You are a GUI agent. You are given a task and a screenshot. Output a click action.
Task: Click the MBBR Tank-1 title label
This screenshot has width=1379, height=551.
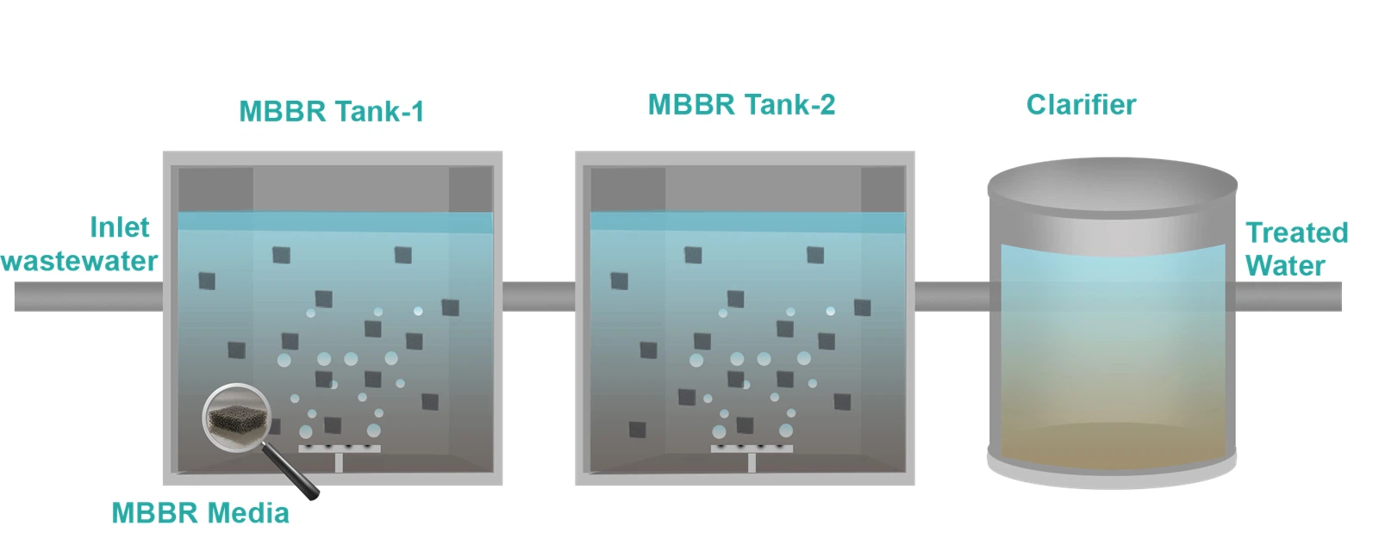(x=331, y=112)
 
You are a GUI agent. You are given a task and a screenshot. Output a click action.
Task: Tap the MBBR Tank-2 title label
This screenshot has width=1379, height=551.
(x=741, y=105)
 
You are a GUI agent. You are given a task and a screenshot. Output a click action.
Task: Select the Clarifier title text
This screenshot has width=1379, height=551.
(x=1081, y=105)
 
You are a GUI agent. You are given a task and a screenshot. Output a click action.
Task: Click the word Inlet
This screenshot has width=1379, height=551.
(x=119, y=227)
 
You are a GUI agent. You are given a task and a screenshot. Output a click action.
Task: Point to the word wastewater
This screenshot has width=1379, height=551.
(x=79, y=261)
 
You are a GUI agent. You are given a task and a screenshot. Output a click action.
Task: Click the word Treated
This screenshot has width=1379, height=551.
(x=1296, y=232)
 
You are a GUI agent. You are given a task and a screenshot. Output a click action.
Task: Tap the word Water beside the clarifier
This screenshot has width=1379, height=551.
(x=1284, y=265)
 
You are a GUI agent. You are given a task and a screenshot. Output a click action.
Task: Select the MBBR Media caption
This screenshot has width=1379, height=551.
(x=200, y=513)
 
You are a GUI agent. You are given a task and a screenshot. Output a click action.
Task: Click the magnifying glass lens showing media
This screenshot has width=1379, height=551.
(x=236, y=418)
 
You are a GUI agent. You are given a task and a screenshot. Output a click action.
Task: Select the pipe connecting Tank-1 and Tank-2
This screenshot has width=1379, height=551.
(x=539, y=297)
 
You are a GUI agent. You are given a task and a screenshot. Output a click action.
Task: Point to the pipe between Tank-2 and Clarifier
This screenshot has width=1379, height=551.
(x=950, y=297)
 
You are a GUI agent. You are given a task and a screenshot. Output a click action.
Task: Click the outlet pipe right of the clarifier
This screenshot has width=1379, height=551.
(x=1289, y=297)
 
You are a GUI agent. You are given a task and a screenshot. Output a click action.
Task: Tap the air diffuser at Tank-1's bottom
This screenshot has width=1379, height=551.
(x=339, y=449)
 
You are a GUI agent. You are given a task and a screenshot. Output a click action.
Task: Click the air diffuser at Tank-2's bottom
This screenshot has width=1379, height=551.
(x=751, y=449)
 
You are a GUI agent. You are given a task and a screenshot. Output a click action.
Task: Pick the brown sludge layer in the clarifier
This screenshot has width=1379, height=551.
(x=1112, y=443)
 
